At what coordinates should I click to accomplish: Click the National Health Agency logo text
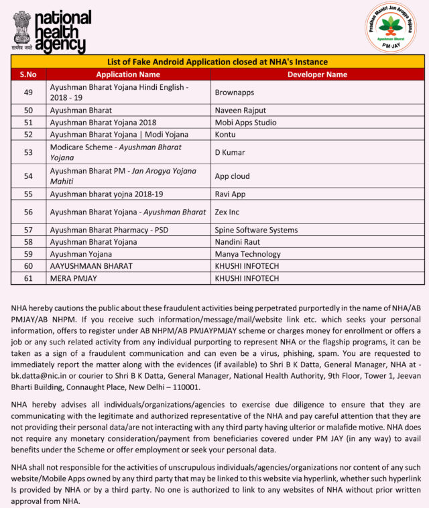(62, 31)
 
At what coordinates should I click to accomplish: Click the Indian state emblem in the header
(21, 29)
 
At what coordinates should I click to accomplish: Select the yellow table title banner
(217, 61)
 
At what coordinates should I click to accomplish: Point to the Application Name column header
(128, 74)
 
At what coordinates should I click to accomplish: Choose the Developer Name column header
(317, 74)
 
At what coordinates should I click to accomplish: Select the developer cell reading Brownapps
(234, 92)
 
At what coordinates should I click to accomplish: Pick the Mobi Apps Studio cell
(245, 123)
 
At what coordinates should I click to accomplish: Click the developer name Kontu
(225, 135)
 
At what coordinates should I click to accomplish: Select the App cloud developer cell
(232, 176)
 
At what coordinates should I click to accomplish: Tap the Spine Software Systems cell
(256, 230)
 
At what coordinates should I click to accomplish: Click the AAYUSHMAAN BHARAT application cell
(91, 266)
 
